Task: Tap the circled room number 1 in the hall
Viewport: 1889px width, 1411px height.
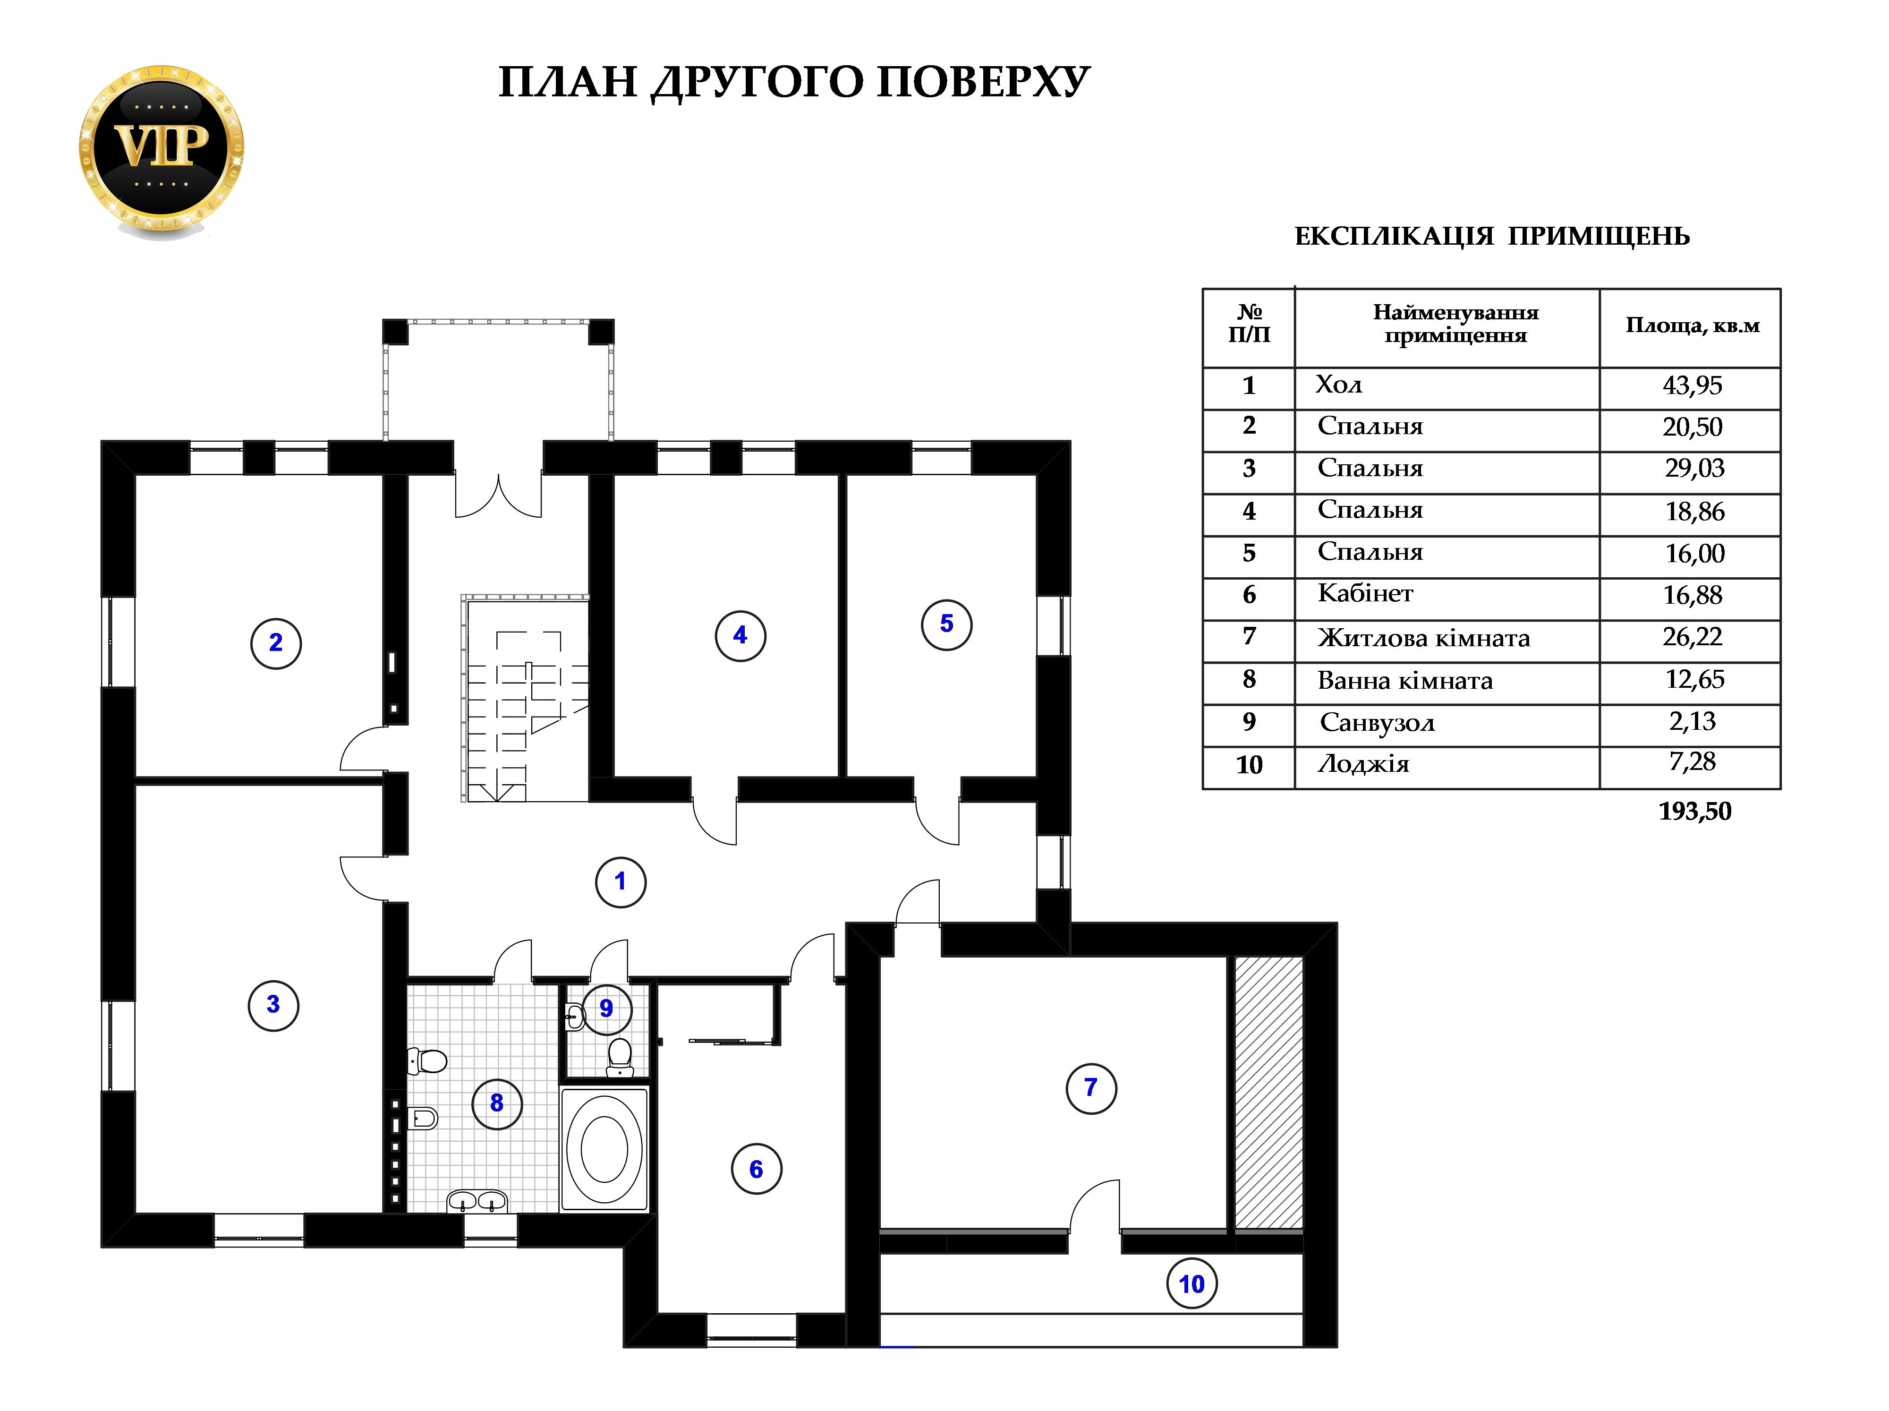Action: [621, 881]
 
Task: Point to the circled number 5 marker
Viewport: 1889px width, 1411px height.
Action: [946, 624]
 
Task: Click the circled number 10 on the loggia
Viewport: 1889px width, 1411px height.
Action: [1191, 1284]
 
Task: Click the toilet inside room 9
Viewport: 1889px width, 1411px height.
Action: [620, 1057]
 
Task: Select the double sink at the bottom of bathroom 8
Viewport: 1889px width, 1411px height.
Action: [477, 1202]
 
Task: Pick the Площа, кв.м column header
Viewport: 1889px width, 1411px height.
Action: [1692, 325]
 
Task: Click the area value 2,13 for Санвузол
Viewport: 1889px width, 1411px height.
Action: [1692, 722]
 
